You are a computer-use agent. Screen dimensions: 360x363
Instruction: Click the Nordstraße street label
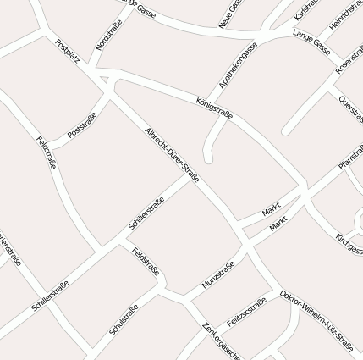click(109, 34)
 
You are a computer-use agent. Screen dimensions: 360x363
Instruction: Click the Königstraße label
click(214, 108)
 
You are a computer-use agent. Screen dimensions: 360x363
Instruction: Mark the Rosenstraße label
click(349, 57)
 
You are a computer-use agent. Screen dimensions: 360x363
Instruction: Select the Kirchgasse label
click(349, 244)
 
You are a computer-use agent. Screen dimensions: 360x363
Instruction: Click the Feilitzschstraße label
click(247, 311)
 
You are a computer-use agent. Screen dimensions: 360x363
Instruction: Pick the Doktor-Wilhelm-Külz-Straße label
click(316, 320)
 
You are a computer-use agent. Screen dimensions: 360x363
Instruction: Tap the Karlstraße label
click(306, 10)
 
